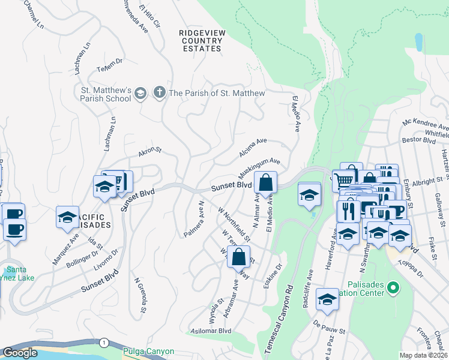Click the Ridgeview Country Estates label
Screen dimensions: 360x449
coord(200,39)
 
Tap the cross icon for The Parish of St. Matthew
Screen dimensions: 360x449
coord(159,93)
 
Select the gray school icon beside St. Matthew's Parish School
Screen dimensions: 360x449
coord(140,93)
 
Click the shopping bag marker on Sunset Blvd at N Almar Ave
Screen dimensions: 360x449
coord(265,183)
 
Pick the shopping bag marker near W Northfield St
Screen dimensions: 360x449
coord(239,257)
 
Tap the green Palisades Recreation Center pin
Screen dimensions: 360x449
coord(393,289)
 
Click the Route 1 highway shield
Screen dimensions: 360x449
coord(105,342)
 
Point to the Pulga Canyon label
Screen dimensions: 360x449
coord(148,352)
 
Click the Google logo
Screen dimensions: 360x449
coord(20,353)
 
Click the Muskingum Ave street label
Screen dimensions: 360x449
coord(260,170)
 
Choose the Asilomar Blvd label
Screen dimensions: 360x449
coord(211,331)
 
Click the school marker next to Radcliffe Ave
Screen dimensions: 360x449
coord(327,299)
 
